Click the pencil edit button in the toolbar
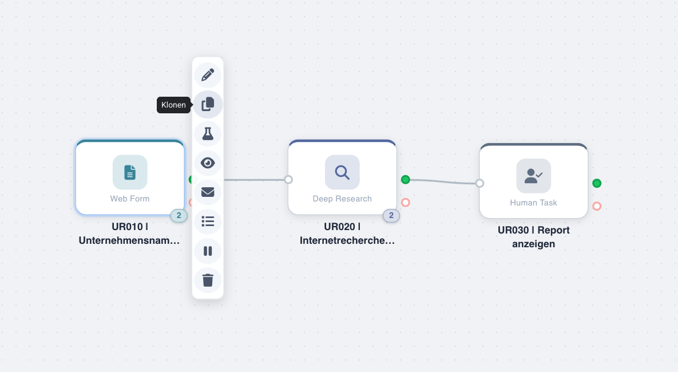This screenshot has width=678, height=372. (208, 75)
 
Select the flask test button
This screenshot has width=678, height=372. (208, 134)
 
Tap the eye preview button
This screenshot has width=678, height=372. (208, 163)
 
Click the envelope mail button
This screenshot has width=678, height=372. (208, 192)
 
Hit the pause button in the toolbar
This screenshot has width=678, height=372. (208, 251)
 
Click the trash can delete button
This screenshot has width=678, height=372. (208, 280)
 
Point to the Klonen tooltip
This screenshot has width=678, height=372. (173, 105)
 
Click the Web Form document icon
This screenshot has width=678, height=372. (130, 172)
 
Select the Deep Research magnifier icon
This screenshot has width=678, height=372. (342, 172)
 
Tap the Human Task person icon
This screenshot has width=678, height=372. (533, 176)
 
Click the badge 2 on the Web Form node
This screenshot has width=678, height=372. (179, 216)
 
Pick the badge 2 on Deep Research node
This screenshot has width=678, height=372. (391, 216)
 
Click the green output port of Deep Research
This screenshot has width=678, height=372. (406, 180)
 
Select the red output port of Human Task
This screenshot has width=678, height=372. (597, 206)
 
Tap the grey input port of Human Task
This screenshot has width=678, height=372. (479, 183)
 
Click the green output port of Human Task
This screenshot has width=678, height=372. (597, 183)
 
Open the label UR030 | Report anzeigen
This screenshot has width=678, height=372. (533, 237)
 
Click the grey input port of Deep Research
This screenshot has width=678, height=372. (288, 180)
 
